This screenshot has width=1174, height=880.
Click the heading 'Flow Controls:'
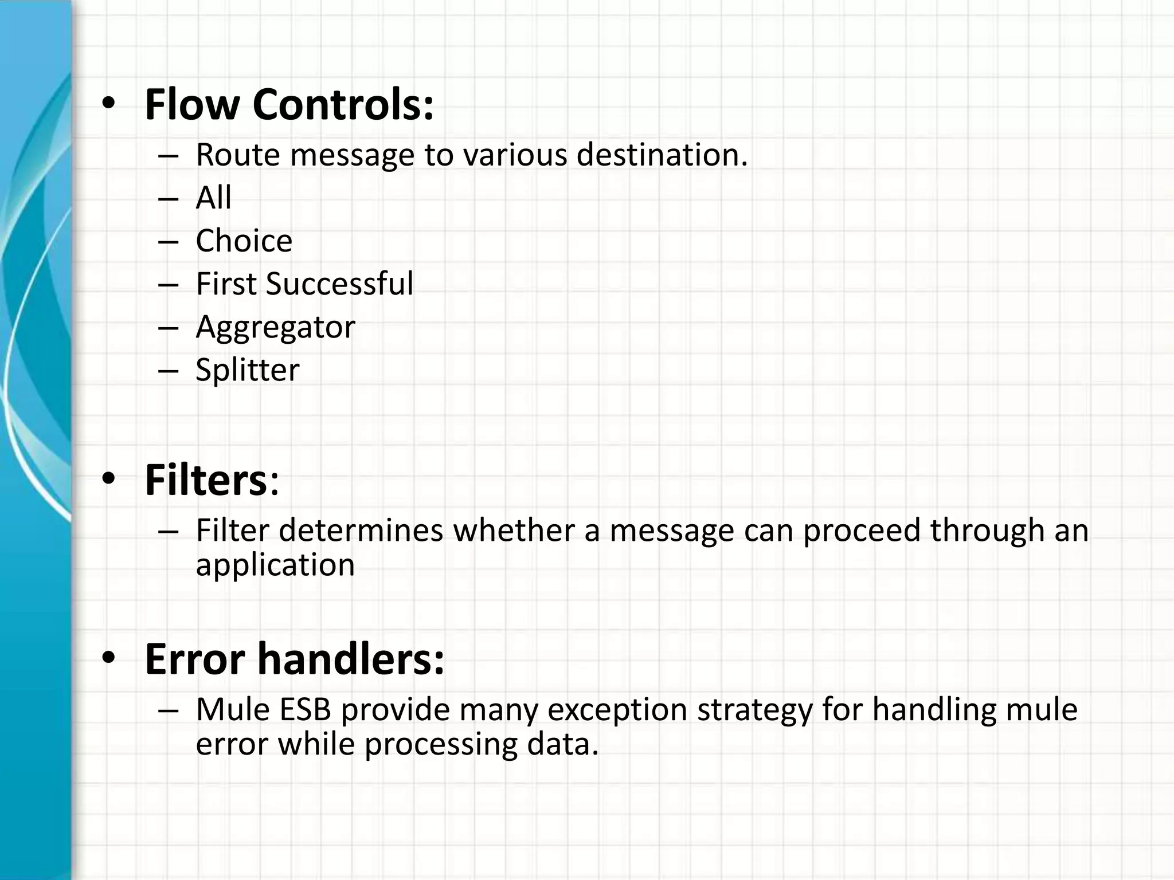tap(289, 105)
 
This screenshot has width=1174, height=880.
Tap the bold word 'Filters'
tap(206, 480)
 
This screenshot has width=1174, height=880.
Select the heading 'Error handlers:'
tap(294, 659)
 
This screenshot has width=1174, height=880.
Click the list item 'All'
tap(213, 198)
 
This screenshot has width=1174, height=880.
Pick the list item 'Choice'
tap(244, 241)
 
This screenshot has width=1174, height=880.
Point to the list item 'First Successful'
tap(304, 284)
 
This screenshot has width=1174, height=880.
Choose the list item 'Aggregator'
tap(275, 327)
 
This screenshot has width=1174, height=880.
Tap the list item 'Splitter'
tap(247, 370)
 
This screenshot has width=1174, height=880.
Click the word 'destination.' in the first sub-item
tap(662, 155)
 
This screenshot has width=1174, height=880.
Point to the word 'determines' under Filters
tap(361, 530)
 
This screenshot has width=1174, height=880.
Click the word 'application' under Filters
tap(275, 565)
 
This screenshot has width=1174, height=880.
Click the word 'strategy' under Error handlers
tap(755, 709)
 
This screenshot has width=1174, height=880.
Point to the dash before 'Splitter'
tap(169, 371)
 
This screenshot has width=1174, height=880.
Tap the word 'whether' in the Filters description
tap(514, 530)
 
